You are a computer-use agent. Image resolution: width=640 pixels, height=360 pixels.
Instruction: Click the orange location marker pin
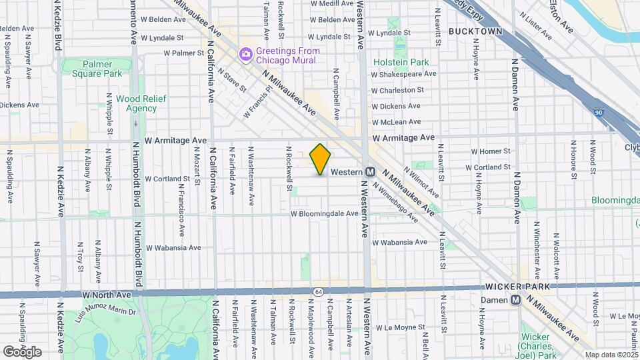321,159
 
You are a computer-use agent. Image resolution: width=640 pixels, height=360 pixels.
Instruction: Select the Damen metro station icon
515,300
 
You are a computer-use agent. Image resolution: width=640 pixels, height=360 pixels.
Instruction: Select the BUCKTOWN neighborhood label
474,31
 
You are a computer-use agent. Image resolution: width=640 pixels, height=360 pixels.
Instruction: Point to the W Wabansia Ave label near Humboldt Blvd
173,247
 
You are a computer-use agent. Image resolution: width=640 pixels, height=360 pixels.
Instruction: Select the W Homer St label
491,151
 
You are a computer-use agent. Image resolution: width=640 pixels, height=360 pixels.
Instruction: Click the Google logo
22,351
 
